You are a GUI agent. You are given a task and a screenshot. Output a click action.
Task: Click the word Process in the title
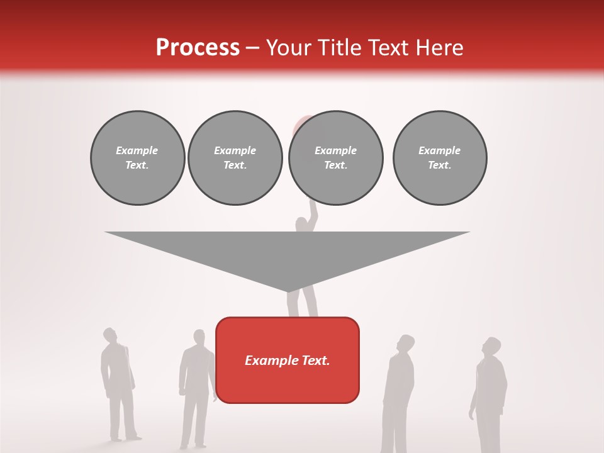[x=198, y=48]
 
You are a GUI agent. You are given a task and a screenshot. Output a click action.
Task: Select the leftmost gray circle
[x=137, y=157]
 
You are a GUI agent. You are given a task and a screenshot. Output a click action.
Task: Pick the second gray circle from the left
[x=235, y=157]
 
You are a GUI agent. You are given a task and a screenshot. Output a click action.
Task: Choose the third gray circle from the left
[x=336, y=157]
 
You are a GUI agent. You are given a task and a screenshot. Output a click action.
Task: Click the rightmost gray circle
[x=440, y=157]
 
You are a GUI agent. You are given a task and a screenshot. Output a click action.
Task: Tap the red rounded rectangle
[x=288, y=360]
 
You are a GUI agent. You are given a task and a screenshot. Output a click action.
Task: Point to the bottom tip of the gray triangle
[x=288, y=291]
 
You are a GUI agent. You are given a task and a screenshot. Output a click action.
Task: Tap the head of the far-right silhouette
[x=492, y=346]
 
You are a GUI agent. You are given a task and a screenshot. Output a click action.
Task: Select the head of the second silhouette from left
[x=199, y=337]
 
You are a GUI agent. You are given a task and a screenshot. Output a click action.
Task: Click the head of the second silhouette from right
[x=406, y=344]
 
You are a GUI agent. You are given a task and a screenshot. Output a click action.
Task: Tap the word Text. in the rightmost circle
[x=440, y=165]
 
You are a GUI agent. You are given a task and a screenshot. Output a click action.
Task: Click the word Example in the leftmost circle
[x=137, y=150]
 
